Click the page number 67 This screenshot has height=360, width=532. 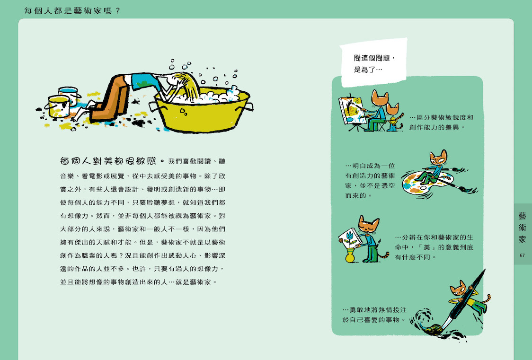(522, 255)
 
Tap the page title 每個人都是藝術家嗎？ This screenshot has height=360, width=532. (72, 10)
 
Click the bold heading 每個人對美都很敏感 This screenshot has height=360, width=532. (108, 161)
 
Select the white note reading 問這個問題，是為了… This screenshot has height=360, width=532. (373, 63)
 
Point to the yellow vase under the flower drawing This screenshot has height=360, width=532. (350, 255)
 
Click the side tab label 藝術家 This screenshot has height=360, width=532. (522, 228)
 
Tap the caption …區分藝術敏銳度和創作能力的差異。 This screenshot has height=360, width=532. (442, 123)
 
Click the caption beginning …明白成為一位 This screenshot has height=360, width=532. (370, 180)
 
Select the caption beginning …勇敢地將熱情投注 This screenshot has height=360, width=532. (374, 315)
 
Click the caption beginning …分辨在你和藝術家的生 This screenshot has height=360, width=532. (434, 247)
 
